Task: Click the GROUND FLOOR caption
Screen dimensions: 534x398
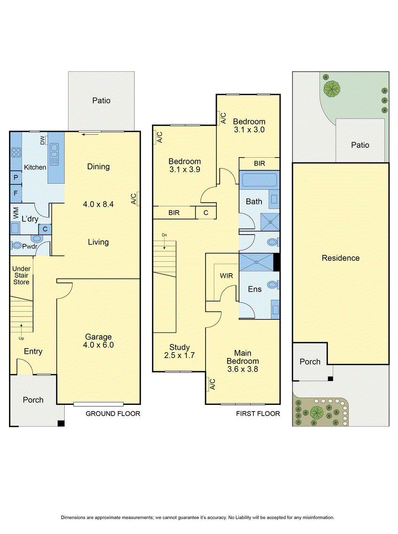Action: (x=113, y=413)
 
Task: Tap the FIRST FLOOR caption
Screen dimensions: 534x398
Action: (x=258, y=413)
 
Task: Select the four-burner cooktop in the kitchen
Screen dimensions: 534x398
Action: (x=15, y=153)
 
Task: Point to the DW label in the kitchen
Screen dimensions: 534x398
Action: (x=43, y=140)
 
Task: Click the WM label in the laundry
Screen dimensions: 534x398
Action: (x=15, y=212)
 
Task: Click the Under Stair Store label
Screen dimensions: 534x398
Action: (x=21, y=275)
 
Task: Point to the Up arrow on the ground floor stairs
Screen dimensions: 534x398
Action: (x=21, y=328)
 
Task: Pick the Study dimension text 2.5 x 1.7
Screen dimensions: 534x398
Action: (x=179, y=356)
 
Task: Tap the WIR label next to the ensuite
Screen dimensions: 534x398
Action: (x=226, y=276)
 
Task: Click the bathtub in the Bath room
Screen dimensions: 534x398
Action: (x=259, y=180)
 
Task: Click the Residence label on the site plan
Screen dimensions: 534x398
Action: (x=340, y=258)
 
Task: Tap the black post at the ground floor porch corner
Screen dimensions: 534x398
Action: (x=60, y=423)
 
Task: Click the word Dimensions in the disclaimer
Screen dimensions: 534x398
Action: (x=74, y=517)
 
